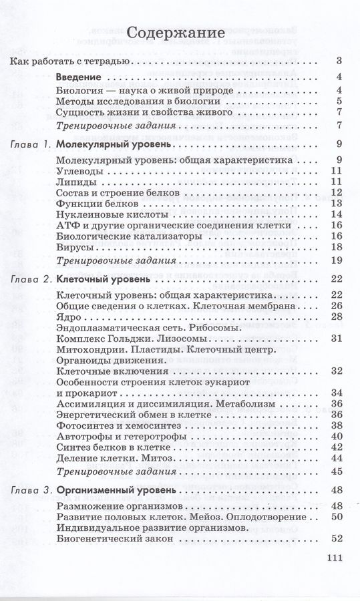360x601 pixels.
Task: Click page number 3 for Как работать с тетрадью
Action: [339, 62]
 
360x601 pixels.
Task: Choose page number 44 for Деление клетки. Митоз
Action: [336, 458]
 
